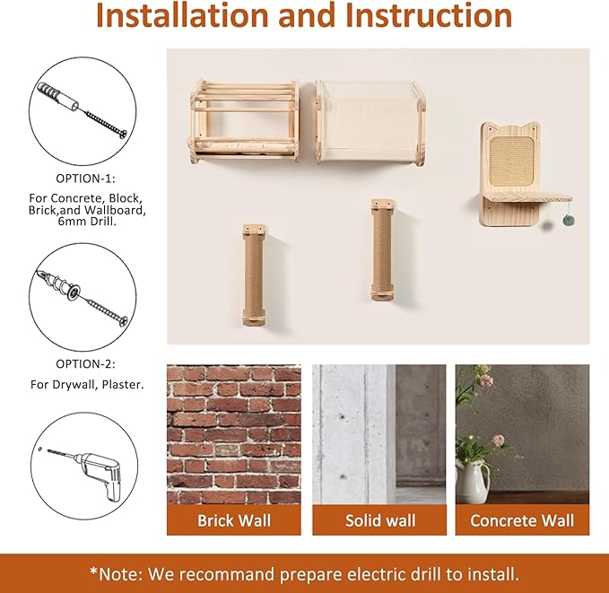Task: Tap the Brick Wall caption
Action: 234,520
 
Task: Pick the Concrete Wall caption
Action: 522,520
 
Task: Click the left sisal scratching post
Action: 254,273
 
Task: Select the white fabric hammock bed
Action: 370,121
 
